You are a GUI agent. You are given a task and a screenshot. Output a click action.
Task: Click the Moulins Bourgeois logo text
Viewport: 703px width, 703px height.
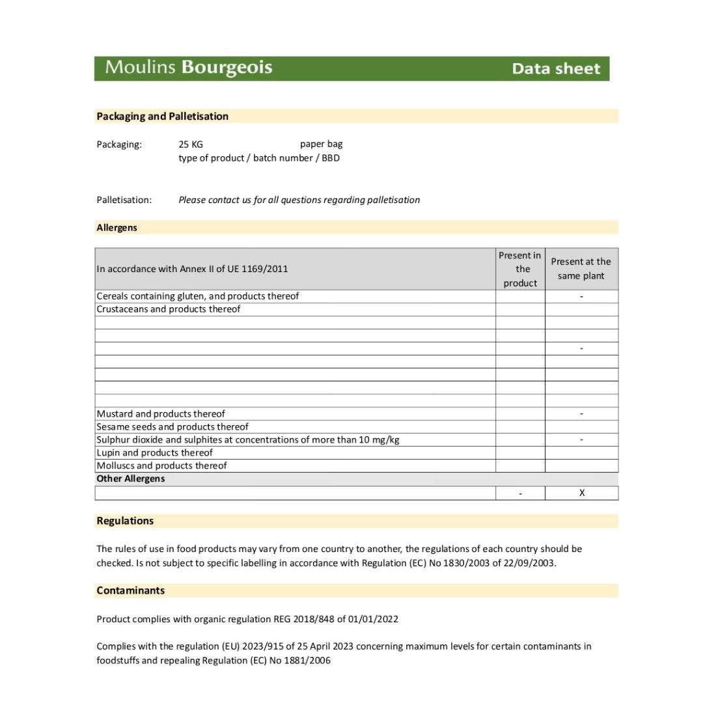(x=189, y=68)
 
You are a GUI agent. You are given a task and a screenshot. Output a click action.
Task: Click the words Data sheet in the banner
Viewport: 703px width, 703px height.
(x=556, y=68)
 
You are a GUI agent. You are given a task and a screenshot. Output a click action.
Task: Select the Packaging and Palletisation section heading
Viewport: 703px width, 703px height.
(x=163, y=117)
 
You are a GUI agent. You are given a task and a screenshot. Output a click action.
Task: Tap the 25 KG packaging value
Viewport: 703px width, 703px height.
(x=191, y=145)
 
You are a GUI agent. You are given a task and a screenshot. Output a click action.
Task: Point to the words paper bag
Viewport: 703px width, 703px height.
(x=321, y=144)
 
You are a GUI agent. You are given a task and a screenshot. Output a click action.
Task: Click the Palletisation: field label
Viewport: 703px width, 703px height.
(x=124, y=200)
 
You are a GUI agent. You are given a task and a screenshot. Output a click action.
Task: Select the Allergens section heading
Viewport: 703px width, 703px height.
(x=117, y=228)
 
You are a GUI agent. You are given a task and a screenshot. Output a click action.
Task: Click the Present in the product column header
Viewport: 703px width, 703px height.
(x=520, y=269)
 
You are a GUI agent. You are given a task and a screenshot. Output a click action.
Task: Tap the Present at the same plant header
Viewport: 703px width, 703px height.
(x=581, y=269)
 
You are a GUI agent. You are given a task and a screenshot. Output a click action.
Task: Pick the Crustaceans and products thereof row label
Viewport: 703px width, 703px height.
(x=169, y=309)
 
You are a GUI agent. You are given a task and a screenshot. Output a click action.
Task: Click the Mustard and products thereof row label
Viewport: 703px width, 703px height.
(x=161, y=414)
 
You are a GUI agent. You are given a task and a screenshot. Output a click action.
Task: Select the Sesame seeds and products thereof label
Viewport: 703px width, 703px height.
(x=172, y=427)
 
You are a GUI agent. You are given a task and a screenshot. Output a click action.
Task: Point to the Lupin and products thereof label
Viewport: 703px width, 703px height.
(x=155, y=453)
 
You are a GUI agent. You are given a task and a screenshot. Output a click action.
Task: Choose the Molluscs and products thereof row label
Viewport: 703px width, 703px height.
(x=162, y=466)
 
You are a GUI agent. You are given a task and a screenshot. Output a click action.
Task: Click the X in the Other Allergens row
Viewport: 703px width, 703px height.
(x=582, y=493)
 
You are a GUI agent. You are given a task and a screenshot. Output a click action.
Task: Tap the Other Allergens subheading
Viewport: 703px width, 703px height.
(x=131, y=479)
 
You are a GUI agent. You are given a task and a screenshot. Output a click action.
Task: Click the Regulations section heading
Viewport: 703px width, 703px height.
(x=125, y=521)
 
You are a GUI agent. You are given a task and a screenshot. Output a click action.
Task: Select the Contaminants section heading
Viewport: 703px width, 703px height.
(x=131, y=590)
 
